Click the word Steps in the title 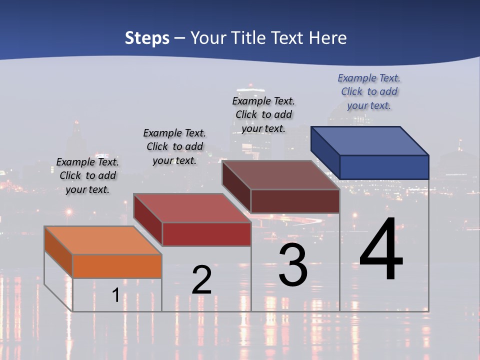(147, 38)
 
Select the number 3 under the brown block (293, 265)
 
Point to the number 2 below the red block (201, 280)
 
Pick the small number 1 (115, 295)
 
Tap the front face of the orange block (117, 266)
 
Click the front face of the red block (206, 234)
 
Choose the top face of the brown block (280, 175)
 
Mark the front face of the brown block (295, 201)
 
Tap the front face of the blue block (384, 167)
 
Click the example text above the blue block (369, 91)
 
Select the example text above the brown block (263, 114)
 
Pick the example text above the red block (174, 146)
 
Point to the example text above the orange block (87, 175)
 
